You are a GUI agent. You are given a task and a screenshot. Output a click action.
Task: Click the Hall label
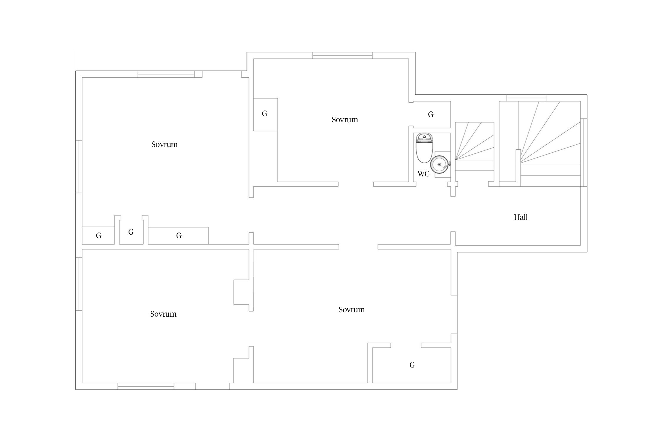(x=520, y=217)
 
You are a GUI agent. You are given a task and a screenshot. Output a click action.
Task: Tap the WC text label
(x=423, y=174)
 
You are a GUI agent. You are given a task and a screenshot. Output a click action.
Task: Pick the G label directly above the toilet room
(x=431, y=114)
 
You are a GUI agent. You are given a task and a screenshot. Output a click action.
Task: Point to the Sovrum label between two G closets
(x=345, y=120)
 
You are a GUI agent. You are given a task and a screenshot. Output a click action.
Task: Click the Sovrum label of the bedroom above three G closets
(x=164, y=144)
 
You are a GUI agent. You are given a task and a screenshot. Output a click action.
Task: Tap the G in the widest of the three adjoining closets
(x=179, y=235)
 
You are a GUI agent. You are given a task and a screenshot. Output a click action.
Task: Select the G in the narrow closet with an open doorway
(x=131, y=232)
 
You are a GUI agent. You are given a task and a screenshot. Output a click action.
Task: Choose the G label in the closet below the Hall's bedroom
(x=412, y=365)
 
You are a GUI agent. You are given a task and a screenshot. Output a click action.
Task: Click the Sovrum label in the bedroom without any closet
(x=163, y=314)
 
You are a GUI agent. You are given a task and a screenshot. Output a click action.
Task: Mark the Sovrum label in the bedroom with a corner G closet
(x=352, y=310)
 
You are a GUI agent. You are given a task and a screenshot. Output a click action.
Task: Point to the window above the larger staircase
(x=526, y=98)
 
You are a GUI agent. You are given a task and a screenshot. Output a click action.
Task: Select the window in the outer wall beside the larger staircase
(x=584, y=153)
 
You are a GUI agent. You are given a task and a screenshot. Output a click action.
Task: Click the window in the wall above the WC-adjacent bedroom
(x=342, y=56)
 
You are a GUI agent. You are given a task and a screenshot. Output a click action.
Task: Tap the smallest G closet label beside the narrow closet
(x=99, y=235)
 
